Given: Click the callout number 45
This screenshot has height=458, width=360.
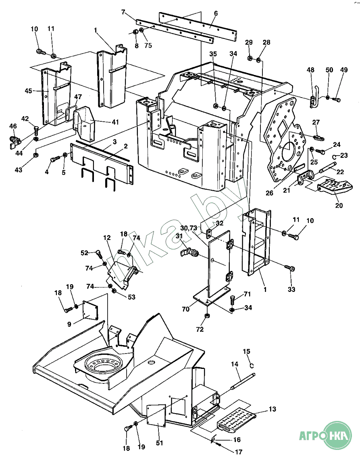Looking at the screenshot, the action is click(x=28, y=91).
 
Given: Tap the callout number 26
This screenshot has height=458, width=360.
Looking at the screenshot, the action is click(x=269, y=193).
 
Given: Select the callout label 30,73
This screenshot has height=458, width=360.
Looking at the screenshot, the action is click(x=189, y=228).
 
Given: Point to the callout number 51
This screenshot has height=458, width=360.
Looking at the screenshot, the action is click(x=159, y=443).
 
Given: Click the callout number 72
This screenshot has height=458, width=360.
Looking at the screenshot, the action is click(x=200, y=329).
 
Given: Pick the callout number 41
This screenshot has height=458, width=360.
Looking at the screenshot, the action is click(x=116, y=122).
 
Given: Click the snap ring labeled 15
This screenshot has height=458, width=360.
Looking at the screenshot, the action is click(x=252, y=365).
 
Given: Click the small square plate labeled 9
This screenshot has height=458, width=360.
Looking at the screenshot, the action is click(x=91, y=310).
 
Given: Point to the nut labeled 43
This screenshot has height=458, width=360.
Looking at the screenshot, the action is click(x=35, y=155).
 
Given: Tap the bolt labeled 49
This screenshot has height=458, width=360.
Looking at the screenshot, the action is click(x=337, y=100).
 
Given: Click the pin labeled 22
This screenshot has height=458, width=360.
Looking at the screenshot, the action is click(x=327, y=167).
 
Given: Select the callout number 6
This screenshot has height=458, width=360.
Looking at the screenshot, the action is click(x=216, y=13).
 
